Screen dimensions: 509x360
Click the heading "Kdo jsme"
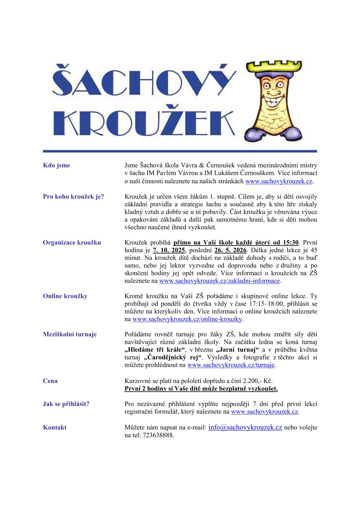coord(57,165)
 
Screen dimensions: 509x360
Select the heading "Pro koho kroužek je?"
coord(74,197)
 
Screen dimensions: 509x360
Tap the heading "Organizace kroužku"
coord(72,243)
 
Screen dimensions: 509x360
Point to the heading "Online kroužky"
coord(65,296)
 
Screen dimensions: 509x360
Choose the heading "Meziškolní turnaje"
coord(70,334)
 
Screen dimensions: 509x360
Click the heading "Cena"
coord(50,381)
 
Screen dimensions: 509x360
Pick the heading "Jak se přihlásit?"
coord(66,404)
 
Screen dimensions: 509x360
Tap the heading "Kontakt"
coord(55,428)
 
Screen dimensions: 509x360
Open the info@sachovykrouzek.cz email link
coord(245,427)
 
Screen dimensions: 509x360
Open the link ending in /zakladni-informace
coord(219,281)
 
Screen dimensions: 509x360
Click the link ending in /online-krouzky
coord(187,319)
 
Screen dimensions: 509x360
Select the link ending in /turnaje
coord(231,365)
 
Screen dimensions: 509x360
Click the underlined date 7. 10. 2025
coord(169,250)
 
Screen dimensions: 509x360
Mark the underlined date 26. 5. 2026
coord(231,250)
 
